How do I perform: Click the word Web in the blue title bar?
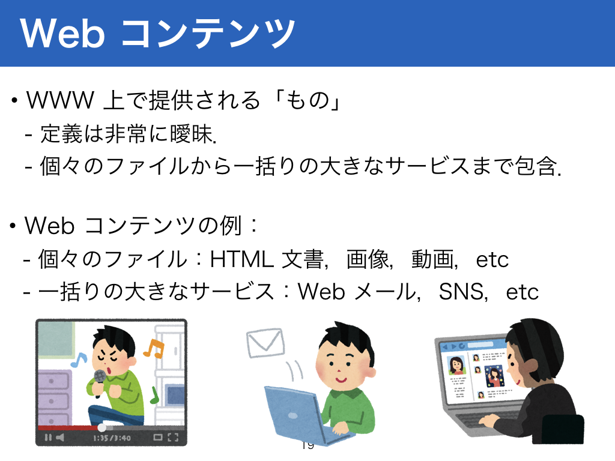point(62,34)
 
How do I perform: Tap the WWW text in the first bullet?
point(61,100)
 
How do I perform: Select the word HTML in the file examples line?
point(241,259)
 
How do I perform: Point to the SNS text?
point(462,292)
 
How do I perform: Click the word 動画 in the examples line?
point(432,259)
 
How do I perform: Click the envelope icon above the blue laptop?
point(265,342)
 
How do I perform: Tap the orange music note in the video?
point(154,348)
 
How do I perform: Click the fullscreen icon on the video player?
point(173,438)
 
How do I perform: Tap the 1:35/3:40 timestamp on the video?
point(112,438)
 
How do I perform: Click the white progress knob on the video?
point(101,427)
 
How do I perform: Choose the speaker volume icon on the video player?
point(59,438)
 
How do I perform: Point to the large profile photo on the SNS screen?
point(456,366)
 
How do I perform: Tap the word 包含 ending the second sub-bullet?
point(536,166)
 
